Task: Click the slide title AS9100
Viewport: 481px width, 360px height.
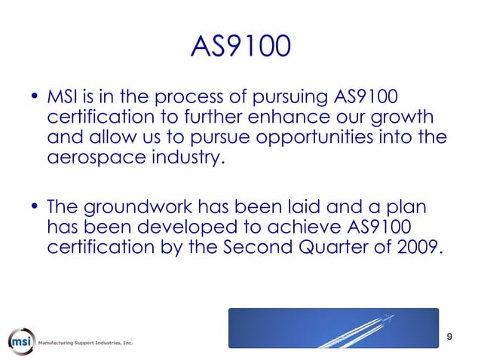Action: tap(240, 47)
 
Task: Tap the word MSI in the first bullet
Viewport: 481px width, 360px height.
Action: tap(63, 99)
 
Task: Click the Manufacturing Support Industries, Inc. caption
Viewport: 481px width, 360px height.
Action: tap(86, 343)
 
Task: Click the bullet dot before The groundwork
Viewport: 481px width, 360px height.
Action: tap(35, 207)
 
